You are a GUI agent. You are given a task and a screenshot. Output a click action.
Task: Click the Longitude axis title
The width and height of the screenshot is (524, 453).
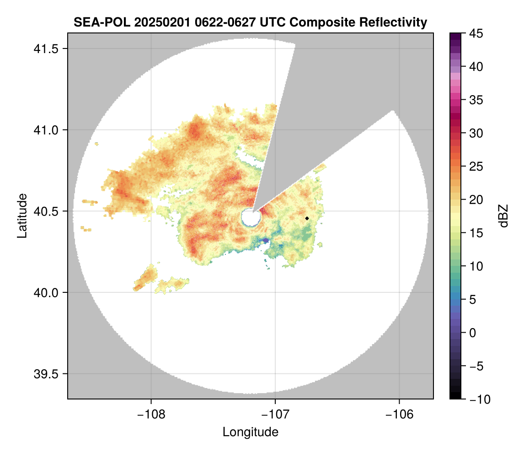(250, 432)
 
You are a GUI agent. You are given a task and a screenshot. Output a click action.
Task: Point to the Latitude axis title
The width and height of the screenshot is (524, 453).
(22, 216)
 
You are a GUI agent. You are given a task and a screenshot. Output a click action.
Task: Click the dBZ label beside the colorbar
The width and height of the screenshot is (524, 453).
(503, 216)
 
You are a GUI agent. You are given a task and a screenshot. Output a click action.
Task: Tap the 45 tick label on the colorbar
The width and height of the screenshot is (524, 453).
(476, 33)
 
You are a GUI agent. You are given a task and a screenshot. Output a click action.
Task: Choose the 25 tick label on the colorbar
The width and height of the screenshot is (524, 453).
(476, 167)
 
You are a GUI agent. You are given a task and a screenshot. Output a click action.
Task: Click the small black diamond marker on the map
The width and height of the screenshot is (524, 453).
(307, 218)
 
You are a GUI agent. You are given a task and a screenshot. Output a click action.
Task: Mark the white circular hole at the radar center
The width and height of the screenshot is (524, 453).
(250, 217)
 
